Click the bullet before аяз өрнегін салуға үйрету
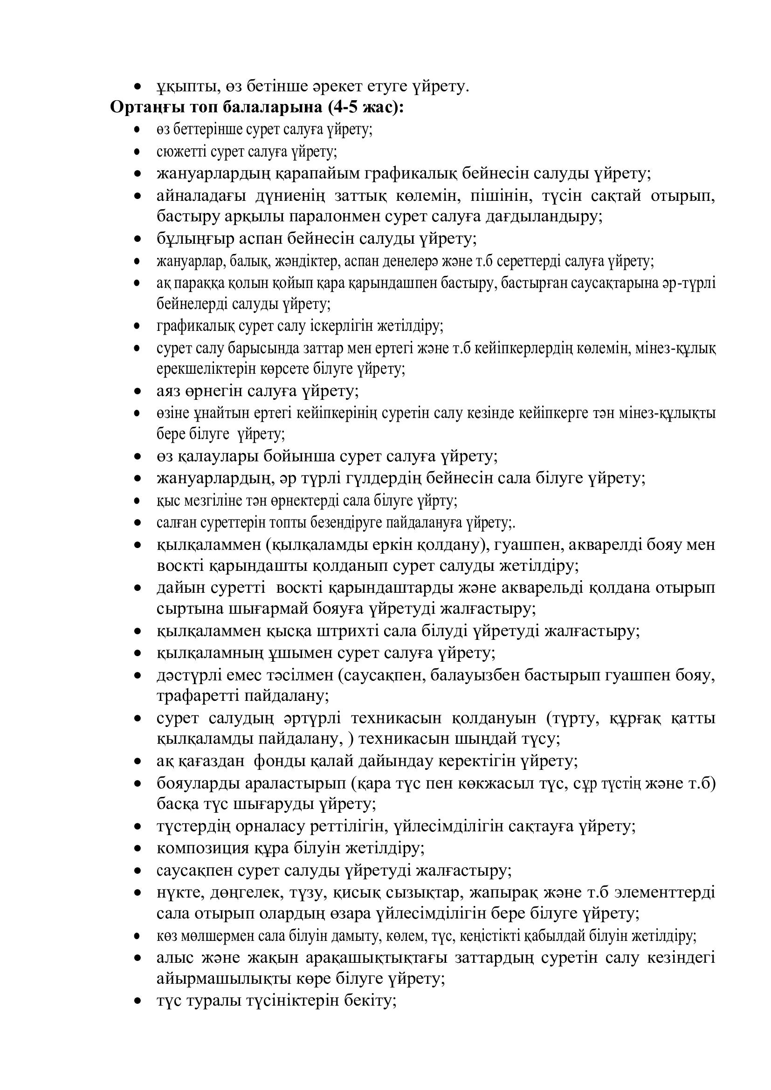(138, 391)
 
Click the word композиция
(200, 848)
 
